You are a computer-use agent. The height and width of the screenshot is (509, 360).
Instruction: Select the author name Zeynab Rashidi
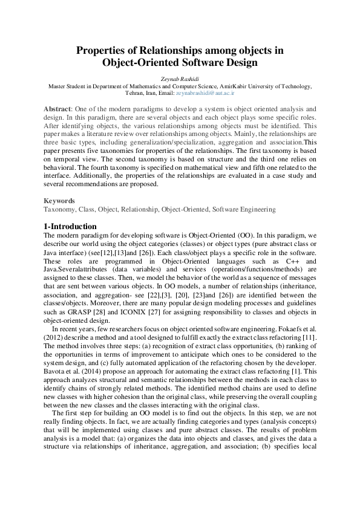180,79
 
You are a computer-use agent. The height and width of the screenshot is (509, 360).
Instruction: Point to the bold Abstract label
57,108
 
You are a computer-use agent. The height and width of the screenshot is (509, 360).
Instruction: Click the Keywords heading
59,201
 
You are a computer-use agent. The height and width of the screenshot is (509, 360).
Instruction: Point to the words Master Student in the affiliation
68,87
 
